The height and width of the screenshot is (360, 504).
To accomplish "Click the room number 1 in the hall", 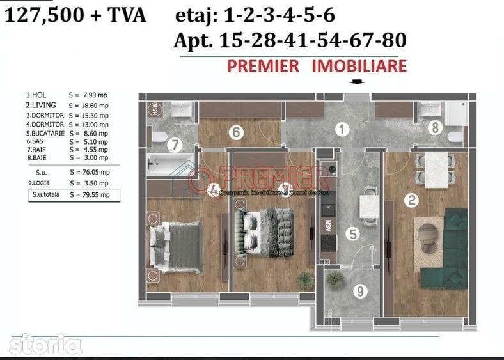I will (343, 130).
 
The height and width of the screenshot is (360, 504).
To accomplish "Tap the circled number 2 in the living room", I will (413, 200).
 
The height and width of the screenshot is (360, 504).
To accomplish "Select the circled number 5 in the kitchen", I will (352, 233).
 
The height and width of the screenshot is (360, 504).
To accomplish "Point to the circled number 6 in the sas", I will (236, 132).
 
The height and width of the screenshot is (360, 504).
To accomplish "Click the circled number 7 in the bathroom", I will (175, 145).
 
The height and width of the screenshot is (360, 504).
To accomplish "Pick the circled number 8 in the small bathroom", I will (436, 128).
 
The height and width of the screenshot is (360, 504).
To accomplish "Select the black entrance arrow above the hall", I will (357, 82).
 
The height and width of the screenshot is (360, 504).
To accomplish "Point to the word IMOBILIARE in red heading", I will (359, 66).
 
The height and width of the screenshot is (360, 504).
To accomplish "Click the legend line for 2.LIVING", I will (67, 105).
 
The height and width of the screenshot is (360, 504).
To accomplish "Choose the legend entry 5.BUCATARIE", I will (67, 134).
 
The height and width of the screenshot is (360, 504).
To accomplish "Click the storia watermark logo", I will (45, 345).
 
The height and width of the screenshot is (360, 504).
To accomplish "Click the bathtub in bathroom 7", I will (171, 163).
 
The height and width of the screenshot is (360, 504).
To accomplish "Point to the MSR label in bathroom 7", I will (154, 108).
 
